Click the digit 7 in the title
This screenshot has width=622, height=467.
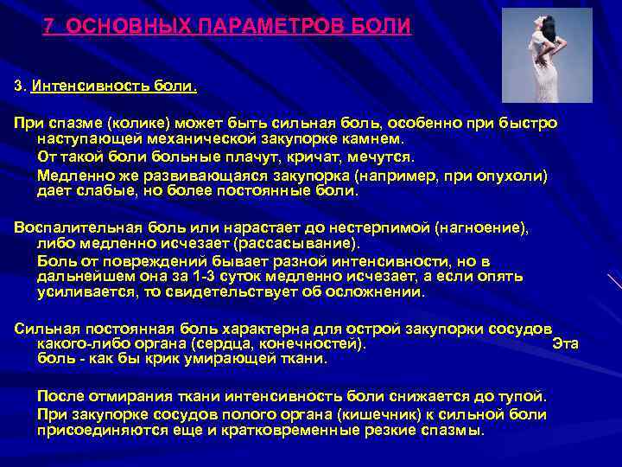(49, 26)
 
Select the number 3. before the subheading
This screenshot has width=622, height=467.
(19, 86)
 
